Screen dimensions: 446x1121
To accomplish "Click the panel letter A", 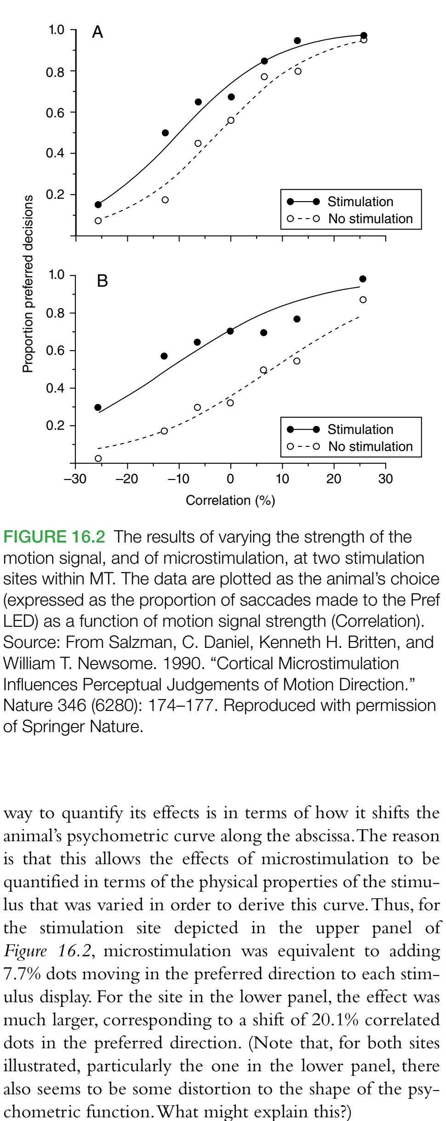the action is click(97, 33).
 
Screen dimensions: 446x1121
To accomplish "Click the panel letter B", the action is click(102, 281).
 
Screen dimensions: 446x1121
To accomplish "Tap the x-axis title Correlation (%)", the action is click(230, 501).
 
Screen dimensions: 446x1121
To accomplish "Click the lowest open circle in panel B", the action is click(98, 458).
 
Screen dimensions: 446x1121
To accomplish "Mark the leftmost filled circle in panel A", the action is click(98, 205).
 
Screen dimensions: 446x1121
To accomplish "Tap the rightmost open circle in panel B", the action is click(363, 300).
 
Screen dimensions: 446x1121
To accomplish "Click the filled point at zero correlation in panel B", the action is click(230, 331).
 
